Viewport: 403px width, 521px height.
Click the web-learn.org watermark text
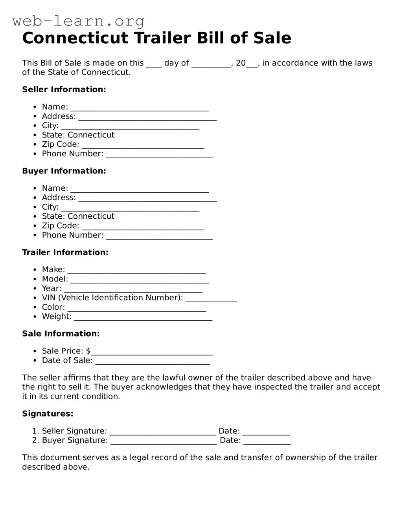point(78,21)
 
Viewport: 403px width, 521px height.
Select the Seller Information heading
point(64,90)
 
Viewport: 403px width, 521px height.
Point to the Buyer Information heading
point(64,171)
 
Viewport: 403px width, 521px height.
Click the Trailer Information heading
point(65,252)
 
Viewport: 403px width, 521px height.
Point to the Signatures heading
point(48,414)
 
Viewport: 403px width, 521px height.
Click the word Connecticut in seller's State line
point(91,135)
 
